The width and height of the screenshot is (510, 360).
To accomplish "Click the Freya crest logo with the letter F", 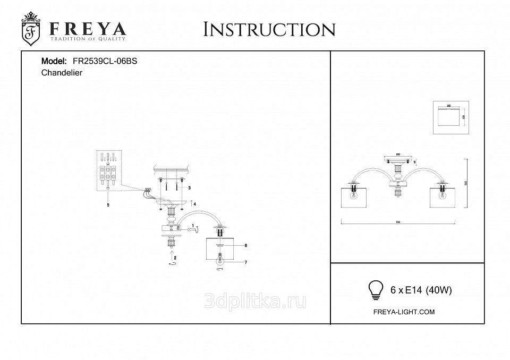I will (31, 30).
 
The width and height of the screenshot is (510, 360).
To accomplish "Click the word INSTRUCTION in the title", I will (269, 30).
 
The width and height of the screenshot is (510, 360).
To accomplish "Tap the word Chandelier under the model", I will (62, 73).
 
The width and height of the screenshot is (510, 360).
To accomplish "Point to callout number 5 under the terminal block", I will (108, 204).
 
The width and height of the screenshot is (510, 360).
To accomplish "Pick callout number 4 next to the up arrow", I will (195, 203).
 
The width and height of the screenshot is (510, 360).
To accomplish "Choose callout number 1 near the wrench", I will (193, 226).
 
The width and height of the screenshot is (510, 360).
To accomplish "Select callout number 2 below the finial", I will (175, 259).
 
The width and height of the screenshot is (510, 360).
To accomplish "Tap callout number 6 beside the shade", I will (246, 246).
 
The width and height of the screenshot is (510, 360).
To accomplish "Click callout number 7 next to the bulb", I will (246, 262).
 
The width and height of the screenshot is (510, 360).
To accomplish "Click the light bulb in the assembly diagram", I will (219, 261).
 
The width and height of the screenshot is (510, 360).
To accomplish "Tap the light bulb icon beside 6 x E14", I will (376, 289).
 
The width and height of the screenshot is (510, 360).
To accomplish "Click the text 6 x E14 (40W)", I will (421, 290).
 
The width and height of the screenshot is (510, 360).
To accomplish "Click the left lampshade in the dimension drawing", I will (355, 199).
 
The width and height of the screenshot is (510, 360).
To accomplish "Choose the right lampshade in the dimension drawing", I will (443, 199).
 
